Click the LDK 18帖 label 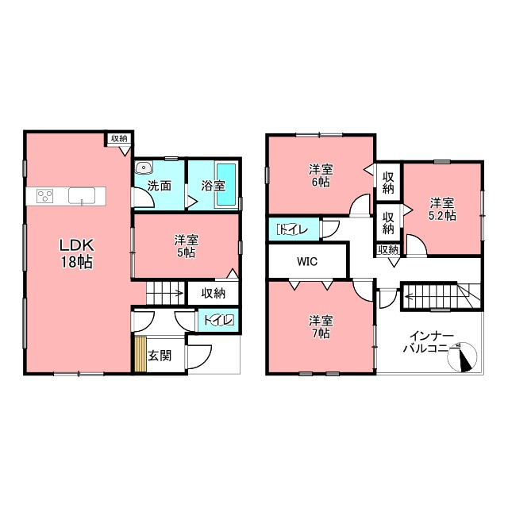pos(76,253)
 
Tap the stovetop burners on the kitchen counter pos(45,196)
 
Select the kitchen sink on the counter pos(82,196)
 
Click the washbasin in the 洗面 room pos(143,167)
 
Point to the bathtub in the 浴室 pos(226,184)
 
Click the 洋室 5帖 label pos(187,246)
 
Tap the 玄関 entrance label pos(160,356)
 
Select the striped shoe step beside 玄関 pos(140,355)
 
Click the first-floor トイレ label pos(219,320)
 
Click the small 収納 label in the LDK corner pos(119,139)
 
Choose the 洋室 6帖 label pos(321,175)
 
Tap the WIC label pos(307,261)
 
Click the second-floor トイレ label pos(293,229)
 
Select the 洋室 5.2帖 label pos(442,210)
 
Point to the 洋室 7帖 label pos(321,327)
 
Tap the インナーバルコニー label pos(429,342)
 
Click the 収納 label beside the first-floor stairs pos(214,294)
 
